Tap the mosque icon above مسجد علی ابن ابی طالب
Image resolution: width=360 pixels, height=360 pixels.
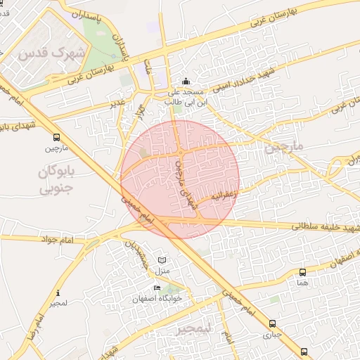click(185, 81)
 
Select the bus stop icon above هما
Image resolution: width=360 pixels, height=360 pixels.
click(302, 272)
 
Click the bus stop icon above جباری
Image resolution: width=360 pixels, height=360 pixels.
click(271, 324)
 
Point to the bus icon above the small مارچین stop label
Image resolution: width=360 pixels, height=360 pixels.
click(56, 138)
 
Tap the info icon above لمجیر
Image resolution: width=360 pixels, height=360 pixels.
click(58, 292)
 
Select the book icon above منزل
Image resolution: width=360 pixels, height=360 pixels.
click(163, 259)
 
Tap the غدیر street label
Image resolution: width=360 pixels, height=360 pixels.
click(117, 105)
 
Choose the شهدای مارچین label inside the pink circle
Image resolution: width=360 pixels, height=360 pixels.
click(182, 184)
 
